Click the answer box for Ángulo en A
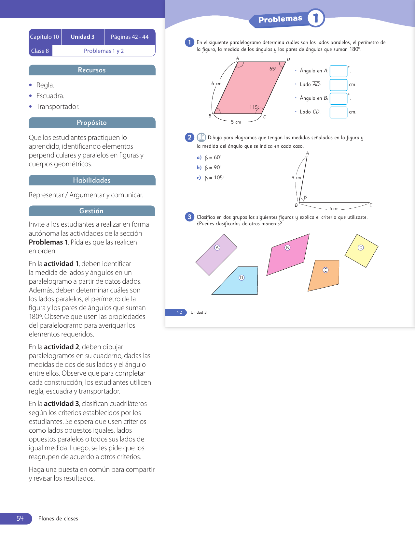point(338,71)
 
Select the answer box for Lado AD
point(338,85)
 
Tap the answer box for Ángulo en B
point(338,98)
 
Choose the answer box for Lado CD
point(338,112)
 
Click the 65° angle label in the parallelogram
point(273,69)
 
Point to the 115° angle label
point(254,107)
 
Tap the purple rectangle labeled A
point(216,255)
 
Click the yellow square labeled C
point(361,250)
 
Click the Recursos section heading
point(92,70)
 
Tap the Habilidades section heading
point(92,180)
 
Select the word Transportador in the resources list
point(58,107)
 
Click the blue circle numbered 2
point(189,137)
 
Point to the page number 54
point(20,518)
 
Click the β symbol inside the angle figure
point(305,197)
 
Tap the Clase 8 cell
point(40,51)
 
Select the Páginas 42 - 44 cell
point(130,37)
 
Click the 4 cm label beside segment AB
point(296,178)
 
